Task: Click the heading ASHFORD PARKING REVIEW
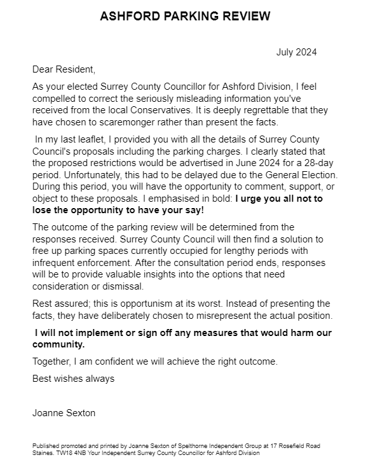(x=184, y=17)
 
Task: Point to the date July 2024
(x=296, y=52)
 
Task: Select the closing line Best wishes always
(x=73, y=379)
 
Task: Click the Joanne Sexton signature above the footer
(x=64, y=413)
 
